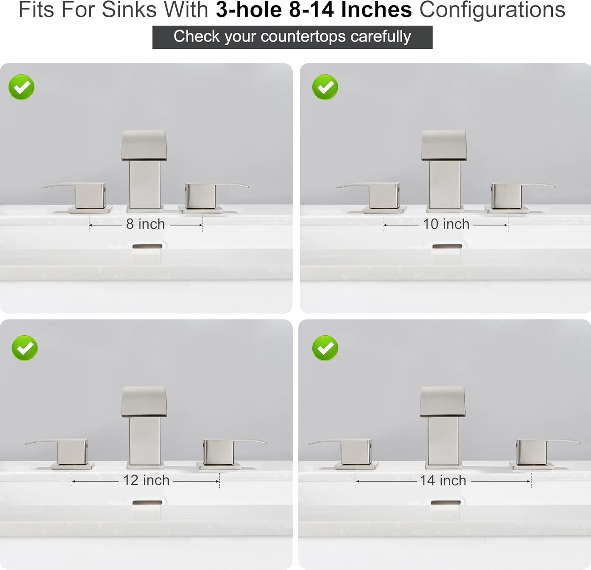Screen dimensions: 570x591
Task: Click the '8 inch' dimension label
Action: click(x=145, y=224)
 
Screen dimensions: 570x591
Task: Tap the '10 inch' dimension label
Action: click(x=446, y=224)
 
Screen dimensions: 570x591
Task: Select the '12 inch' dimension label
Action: click(x=146, y=481)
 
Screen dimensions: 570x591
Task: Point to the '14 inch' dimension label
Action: click(x=443, y=481)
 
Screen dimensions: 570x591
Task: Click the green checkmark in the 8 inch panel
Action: click(x=22, y=87)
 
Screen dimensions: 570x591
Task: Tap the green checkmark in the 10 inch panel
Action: click(x=325, y=87)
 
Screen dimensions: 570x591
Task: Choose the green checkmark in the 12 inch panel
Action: click(x=24, y=348)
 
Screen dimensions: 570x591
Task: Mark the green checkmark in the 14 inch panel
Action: click(x=325, y=348)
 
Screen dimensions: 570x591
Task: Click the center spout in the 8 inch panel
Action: click(x=145, y=169)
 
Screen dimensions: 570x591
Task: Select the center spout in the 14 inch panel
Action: click(x=443, y=425)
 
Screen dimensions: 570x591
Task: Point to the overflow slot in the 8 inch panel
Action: click(x=147, y=247)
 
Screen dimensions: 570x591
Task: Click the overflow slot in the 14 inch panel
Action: click(x=446, y=503)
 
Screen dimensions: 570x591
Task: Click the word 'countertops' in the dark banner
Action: click(x=303, y=37)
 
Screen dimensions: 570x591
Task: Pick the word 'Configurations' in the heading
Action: click(x=492, y=9)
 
